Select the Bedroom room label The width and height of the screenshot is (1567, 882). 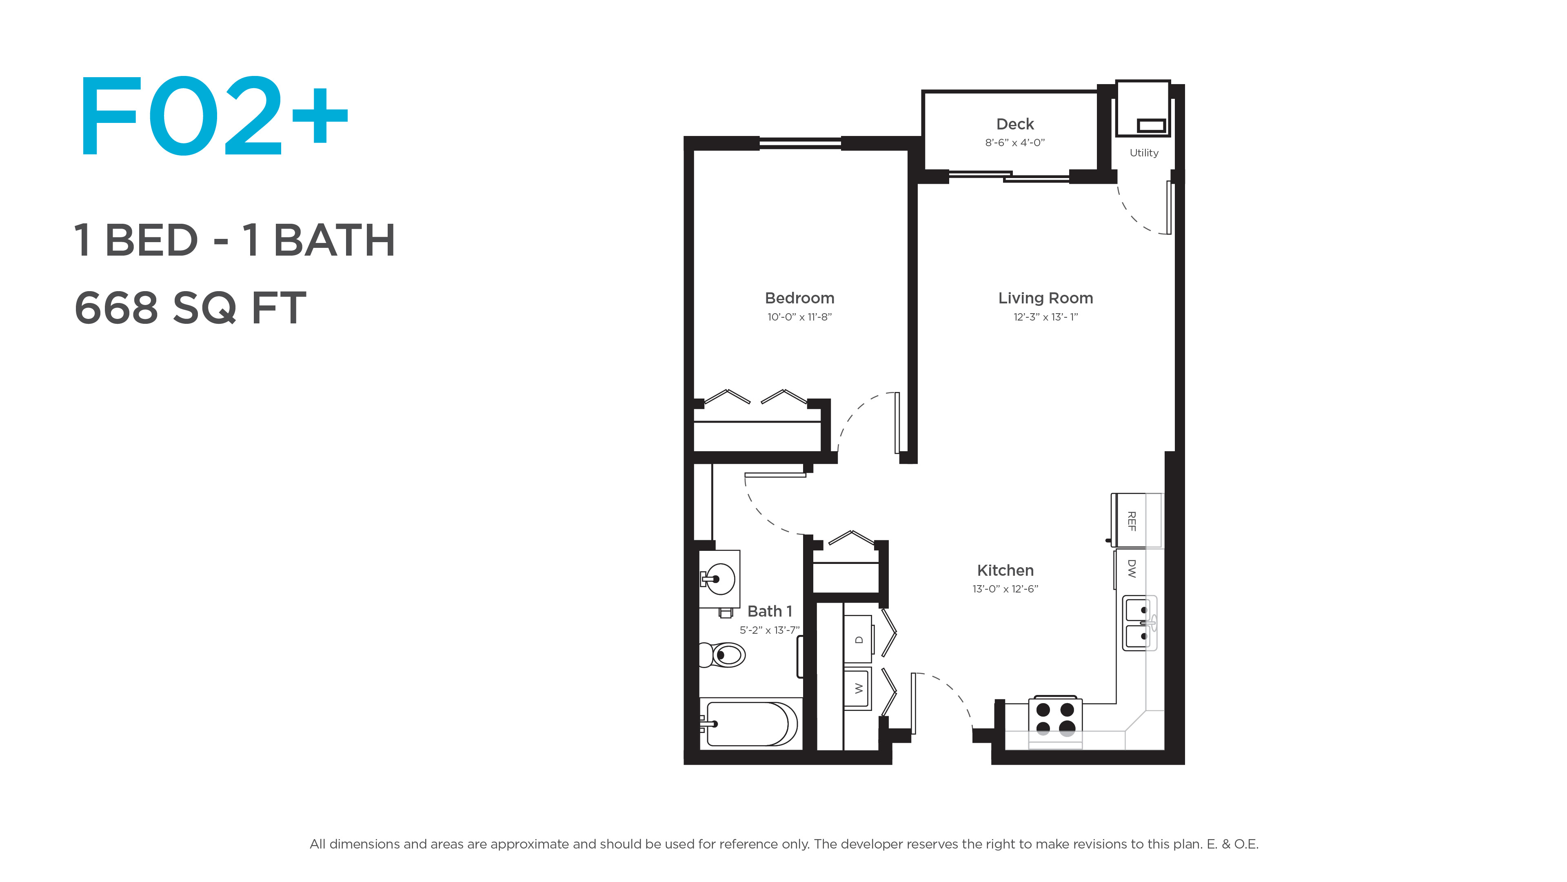[799, 298]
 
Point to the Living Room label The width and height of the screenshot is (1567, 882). [1045, 298]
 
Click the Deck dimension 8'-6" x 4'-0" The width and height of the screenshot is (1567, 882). [1014, 143]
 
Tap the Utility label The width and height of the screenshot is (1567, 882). [1143, 153]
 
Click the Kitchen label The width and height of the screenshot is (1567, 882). [1005, 570]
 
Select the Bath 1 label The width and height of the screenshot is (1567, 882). [770, 611]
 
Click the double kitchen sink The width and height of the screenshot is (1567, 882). [1139, 623]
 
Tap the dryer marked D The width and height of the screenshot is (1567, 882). [858, 639]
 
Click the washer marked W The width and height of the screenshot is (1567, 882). [858, 688]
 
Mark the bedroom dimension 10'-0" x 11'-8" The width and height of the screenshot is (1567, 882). [799, 317]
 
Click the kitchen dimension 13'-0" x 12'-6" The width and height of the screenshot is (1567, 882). [1005, 588]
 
